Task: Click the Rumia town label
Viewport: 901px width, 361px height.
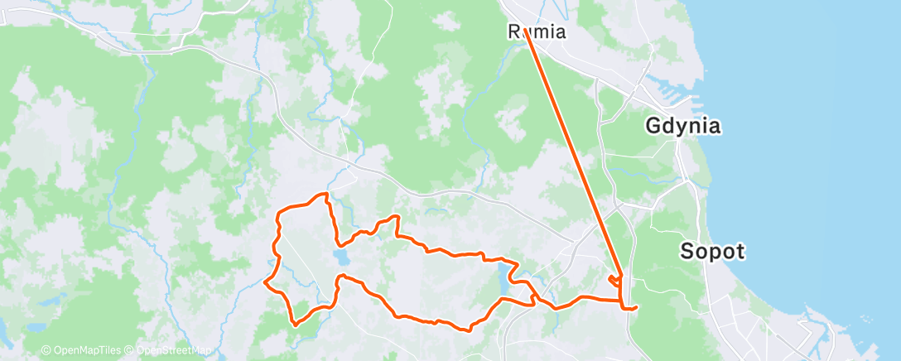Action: pyautogui.click(x=537, y=33)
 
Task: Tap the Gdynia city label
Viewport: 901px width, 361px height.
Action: pyautogui.click(x=683, y=127)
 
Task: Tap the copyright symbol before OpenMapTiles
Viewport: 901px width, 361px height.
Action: pyautogui.click(x=46, y=351)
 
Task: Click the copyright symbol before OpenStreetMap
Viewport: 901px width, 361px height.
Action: pyautogui.click(x=131, y=351)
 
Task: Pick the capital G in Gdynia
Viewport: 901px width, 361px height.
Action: pyautogui.click(x=654, y=127)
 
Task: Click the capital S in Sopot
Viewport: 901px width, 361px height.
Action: pyautogui.click(x=687, y=251)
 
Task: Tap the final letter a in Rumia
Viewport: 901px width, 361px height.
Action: pyautogui.click(x=560, y=33)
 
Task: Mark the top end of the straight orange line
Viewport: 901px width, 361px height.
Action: pyautogui.click(x=526, y=32)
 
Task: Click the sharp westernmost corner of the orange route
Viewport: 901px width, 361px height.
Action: pyautogui.click(x=264, y=282)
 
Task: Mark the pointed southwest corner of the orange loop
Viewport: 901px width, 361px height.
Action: pyautogui.click(x=294, y=325)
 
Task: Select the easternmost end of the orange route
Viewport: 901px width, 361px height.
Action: pyautogui.click(x=636, y=308)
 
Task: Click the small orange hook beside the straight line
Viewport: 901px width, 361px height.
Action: pyautogui.click(x=614, y=281)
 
